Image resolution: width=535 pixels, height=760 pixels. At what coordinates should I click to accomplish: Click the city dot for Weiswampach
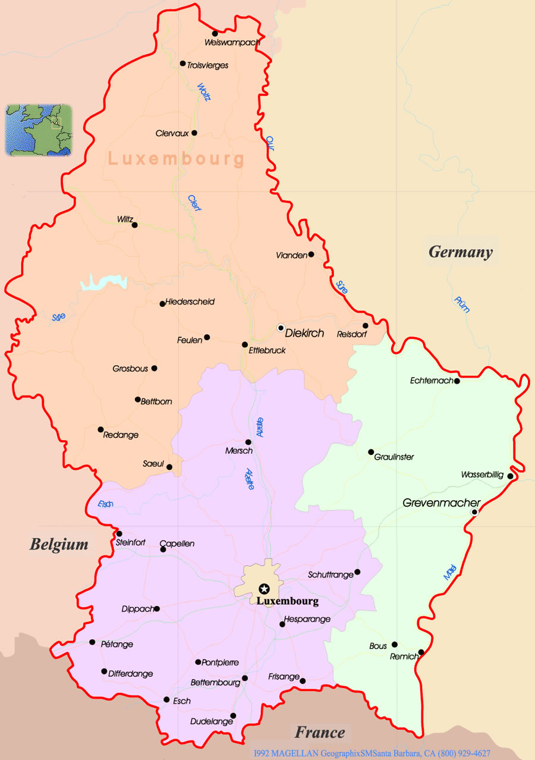215,33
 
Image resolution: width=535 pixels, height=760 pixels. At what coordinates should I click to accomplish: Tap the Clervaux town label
172,133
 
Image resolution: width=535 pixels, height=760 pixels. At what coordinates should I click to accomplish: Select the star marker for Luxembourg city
264,589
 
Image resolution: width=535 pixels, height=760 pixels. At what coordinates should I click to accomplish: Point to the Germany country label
461,252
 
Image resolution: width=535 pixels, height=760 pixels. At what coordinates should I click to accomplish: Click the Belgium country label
59,544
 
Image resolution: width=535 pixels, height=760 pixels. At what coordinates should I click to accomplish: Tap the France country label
320,732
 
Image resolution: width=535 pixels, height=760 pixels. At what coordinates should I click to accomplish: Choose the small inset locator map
39,130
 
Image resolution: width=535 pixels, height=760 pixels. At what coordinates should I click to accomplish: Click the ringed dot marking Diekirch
281,327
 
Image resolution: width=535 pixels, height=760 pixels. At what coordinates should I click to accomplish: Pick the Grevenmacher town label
441,503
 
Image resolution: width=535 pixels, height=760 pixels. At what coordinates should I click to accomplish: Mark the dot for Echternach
457,381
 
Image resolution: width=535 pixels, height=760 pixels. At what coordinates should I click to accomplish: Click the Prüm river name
462,304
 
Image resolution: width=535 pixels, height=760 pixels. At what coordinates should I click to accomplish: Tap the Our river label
270,143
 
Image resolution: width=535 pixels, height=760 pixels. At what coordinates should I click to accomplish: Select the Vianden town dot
311,255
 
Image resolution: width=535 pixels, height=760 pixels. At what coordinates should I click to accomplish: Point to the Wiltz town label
125,219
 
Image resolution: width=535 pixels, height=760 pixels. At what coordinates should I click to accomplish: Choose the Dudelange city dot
233,715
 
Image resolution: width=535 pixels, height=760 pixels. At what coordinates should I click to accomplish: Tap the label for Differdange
130,674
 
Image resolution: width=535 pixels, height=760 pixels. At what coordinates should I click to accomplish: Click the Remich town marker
421,652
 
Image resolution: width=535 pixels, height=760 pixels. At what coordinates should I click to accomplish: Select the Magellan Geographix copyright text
372,753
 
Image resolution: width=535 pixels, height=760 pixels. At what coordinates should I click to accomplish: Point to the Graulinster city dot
371,452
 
